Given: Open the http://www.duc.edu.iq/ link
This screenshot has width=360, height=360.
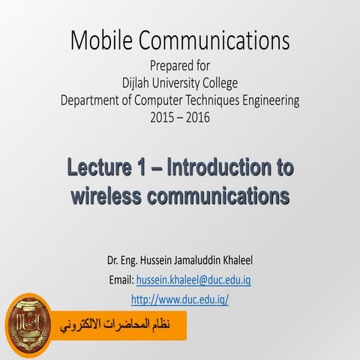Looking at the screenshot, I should click(x=179, y=298).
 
